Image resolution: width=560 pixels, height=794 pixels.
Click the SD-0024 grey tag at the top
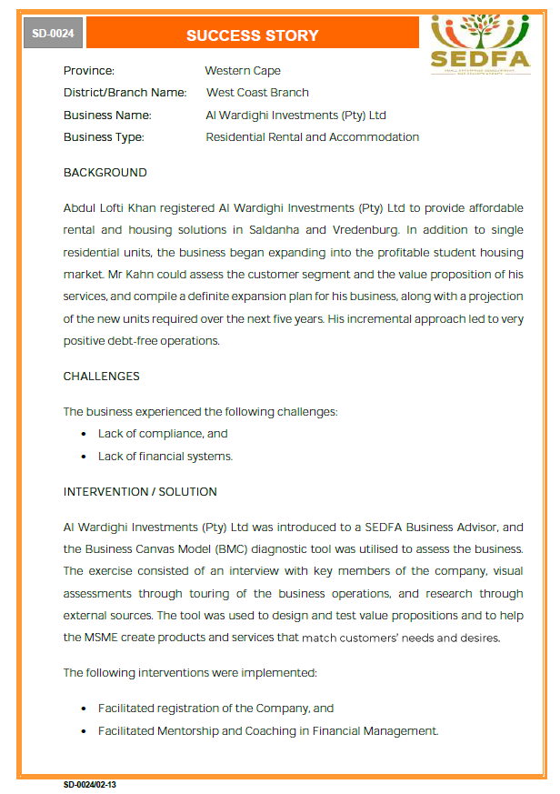[x=54, y=35]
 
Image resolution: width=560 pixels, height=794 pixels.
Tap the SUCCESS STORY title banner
[x=252, y=35]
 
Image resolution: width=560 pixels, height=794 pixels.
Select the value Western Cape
[x=243, y=71]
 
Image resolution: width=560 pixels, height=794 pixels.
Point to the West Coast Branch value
[x=257, y=93]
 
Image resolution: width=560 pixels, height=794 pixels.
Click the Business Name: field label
[x=107, y=116]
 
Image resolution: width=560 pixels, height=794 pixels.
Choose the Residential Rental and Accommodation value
[x=312, y=137]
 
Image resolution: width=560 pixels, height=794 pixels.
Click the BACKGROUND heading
[x=105, y=173]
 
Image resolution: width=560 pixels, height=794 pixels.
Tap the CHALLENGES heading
[x=101, y=377]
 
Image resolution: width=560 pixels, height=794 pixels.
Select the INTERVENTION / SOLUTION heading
[x=140, y=492]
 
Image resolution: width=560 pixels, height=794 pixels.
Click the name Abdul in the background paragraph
[x=79, y=208]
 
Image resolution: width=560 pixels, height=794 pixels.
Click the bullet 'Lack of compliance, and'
[x=163, y=434]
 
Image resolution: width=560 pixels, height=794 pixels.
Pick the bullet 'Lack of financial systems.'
[x=165, y=457]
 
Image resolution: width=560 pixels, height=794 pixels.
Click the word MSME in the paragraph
[x=103, y=638]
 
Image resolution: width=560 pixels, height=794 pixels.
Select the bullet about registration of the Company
[x=216, y=709]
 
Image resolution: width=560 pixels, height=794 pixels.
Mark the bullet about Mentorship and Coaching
[x=268, y=731]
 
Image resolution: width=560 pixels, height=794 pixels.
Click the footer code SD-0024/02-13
[x=90, y=784]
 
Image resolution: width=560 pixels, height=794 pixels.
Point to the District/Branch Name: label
[x=125, y=93]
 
